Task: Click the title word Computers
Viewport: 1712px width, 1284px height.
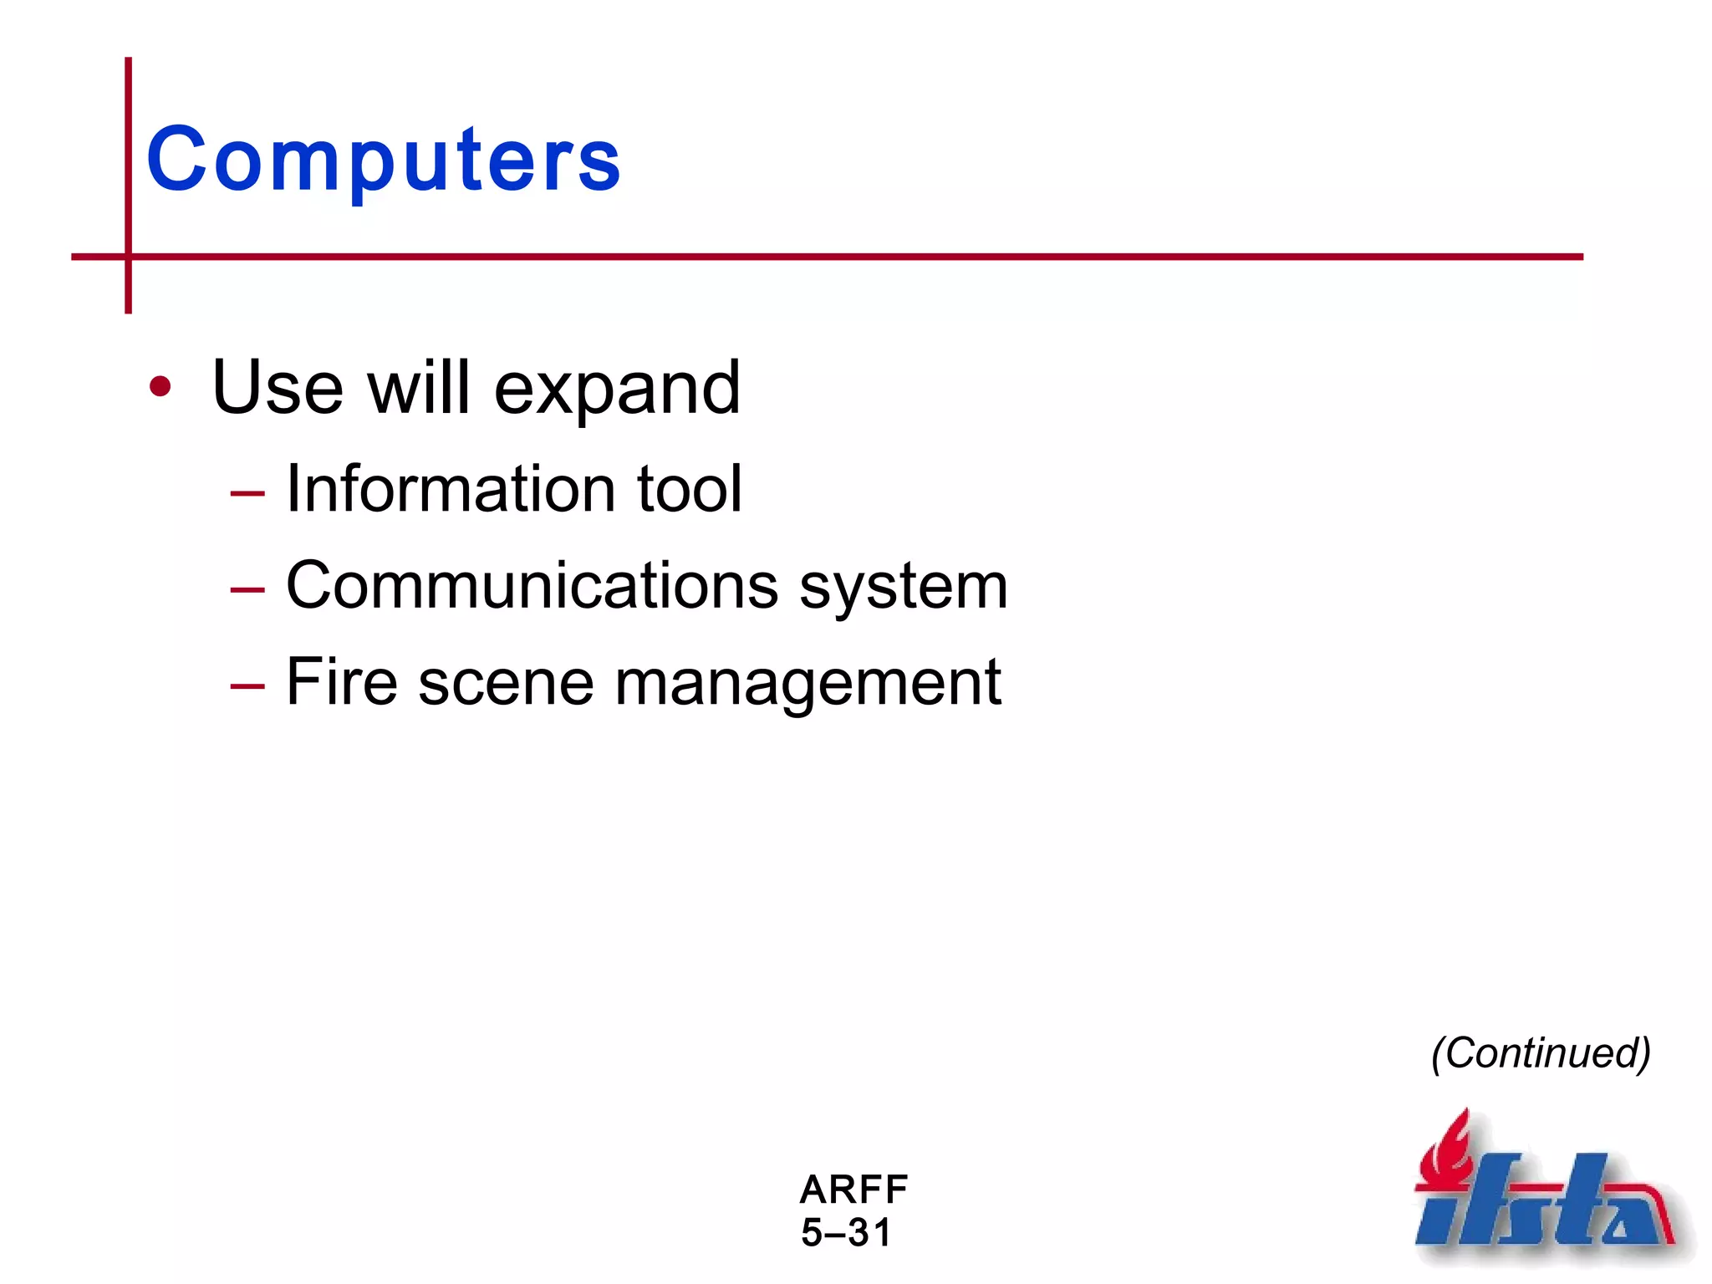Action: tap(383, 160)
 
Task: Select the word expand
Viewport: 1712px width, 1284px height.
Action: tap(617, 390)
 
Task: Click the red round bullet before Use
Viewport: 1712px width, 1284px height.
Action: tap(160, 387)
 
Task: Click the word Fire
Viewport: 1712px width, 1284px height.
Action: tap(341, 682)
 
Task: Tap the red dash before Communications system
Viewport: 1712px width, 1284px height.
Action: tap(247, 590)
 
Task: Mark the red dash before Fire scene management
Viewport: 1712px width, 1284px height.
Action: tap(247, 687)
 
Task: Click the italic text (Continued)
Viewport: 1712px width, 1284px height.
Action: tap(1541, 1053)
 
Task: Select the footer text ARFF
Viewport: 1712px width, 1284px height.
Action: tap(853, 1189)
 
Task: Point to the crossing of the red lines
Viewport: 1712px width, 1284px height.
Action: tap(128, 257)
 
